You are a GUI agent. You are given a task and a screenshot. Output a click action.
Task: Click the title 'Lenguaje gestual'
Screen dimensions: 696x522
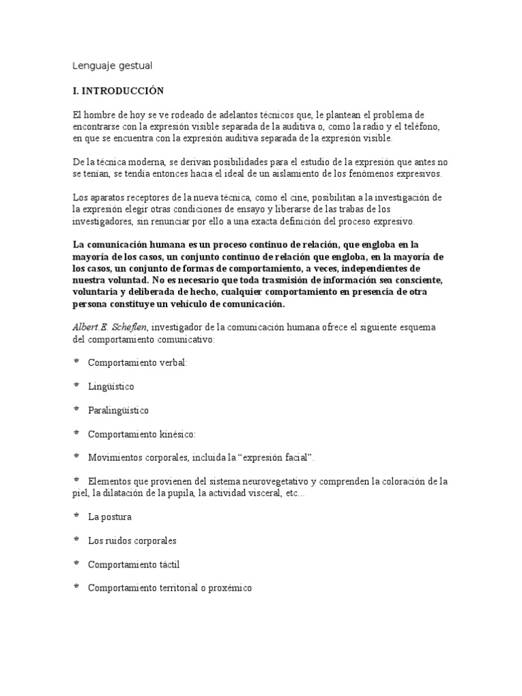click(112, 66)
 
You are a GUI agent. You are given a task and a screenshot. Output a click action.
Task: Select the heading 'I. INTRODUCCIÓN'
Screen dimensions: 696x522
click(118, 90)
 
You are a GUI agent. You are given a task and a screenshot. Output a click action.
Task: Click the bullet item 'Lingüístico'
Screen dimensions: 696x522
click(111, 386)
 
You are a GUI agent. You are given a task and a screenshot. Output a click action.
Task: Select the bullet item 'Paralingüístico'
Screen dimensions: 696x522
click(118, 411)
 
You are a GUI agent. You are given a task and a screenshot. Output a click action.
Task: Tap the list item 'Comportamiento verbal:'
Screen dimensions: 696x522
click(137, 362)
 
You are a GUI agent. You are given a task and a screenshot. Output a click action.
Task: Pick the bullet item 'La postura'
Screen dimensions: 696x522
click(109, 517)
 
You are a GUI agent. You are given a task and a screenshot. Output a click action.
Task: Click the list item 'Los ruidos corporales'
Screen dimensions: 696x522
click(132, 540)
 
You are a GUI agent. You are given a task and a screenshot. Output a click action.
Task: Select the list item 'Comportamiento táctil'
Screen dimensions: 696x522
click(134, 564)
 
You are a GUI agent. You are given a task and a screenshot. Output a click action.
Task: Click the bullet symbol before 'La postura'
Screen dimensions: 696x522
click(75, 516)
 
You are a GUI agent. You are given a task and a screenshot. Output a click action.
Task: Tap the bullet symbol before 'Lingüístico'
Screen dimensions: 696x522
click(75, 385)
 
